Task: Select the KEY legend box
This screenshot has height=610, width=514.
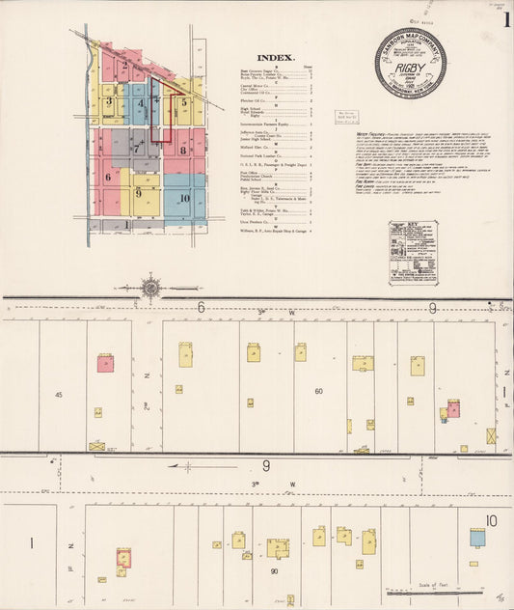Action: (x=412, y=251)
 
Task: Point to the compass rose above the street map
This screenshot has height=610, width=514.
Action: (x=150, y=286)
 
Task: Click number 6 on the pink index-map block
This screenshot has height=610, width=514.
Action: (x=108, y=177)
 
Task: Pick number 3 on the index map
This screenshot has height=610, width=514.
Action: (x=110, y=100)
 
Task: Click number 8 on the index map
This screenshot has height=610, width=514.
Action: (x=182, y=150)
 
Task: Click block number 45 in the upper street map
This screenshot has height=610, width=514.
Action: (x=58, y=395)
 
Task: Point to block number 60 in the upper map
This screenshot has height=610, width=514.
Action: (x=317, y=391)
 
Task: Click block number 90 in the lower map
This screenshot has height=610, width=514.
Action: (x=275, y=571)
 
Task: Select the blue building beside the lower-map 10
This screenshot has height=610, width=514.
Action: (x=476, y=537)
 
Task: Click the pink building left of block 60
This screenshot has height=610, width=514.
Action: (x=105, y=363)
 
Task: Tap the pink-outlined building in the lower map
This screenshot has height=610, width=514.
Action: (x=123, y=558)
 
